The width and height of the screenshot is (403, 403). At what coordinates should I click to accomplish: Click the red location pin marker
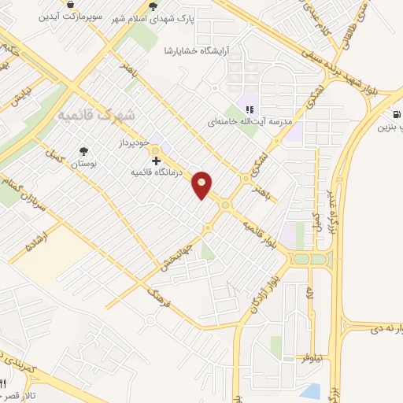(x=202, y=184)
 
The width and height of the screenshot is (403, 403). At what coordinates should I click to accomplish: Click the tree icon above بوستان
(x=83, y=151)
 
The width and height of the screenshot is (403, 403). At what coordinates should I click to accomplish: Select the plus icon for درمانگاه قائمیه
(x=156, y=161)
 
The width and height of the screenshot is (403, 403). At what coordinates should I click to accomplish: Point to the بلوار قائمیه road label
(x=261, y=235)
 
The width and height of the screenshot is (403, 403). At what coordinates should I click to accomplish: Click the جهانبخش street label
(x=177, y=253)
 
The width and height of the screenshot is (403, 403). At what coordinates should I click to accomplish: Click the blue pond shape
(x=310, y=390)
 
